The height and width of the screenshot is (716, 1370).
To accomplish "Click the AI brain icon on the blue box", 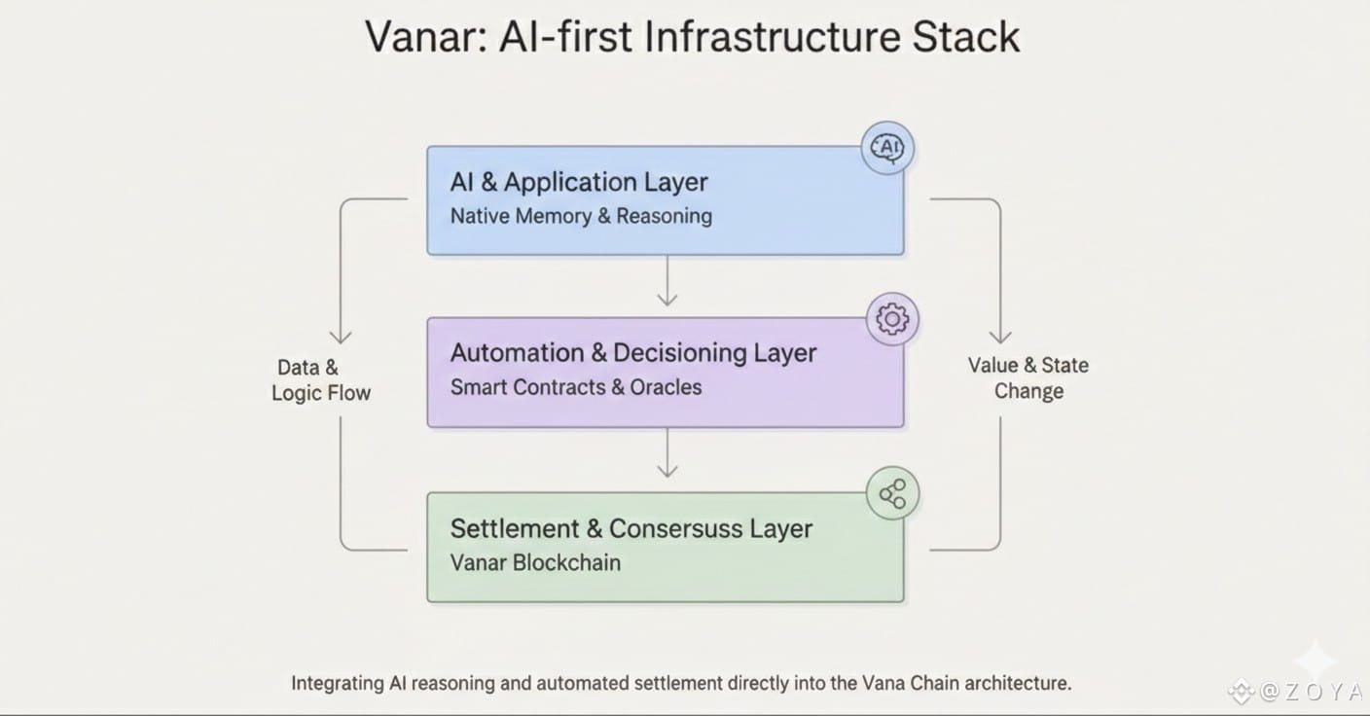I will click(x=887, y=149).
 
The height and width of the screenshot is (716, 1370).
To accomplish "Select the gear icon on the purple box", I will click(x=892, y=319).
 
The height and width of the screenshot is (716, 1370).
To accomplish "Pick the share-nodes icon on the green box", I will click(x=892, y=494).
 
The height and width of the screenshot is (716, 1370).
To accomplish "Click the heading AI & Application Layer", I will click(x=579, y=182).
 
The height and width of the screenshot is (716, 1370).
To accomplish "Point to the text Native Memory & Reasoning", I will click(x=581, y=216).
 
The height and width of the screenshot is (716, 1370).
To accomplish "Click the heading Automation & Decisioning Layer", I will click(x=633, y=353).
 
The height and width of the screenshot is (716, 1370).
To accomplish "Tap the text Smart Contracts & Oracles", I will click(x=576, y=387).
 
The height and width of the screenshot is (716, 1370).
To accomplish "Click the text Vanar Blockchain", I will click(x=535, y=562).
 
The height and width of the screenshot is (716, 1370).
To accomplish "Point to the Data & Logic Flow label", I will click(x=321, y=380).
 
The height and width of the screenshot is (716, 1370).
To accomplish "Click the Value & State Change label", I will click(x=1028, y=378).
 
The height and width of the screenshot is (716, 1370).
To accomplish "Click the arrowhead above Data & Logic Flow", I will click(x=341, y=336).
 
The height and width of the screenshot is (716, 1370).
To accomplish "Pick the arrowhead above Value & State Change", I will click(x=1000, y=336).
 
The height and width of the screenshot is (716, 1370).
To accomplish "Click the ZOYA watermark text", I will click(x=1311, y=693).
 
